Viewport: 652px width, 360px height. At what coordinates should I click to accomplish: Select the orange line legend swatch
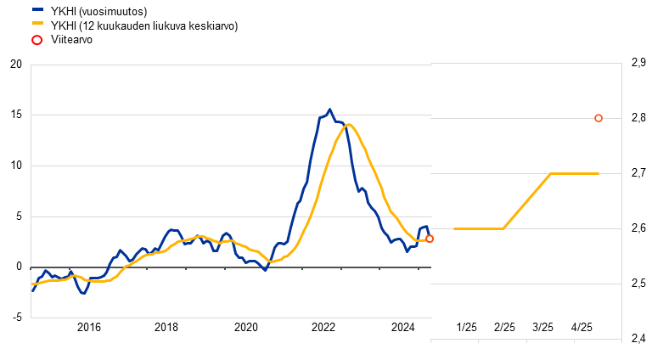pos(37,23)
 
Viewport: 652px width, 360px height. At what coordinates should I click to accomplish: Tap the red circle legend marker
pos(37,40)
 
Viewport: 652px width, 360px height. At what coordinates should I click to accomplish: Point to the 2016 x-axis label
pos(87,335)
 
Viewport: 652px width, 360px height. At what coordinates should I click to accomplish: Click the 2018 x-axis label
pos(168,335)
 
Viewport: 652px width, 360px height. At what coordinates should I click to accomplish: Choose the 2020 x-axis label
pos(243,335)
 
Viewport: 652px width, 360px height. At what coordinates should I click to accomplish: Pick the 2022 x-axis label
pos(320,335)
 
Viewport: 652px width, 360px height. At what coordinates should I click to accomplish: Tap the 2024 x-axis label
pos(396,335)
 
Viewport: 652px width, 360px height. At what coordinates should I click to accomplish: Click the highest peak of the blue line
pos(329,110)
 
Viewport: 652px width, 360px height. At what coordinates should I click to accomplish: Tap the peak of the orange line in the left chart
pos(348,125)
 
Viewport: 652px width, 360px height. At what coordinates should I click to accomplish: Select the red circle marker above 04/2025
pos(599,118)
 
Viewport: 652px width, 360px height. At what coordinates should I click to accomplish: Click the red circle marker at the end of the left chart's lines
pos(430,239)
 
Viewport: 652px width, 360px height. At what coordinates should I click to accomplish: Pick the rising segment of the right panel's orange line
pos(527,201)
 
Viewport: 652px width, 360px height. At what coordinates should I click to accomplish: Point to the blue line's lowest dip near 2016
pos(82,293)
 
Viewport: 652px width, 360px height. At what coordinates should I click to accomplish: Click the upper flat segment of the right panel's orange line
pos(575,173)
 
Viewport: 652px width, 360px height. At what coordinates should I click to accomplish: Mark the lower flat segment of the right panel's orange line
pos(479,228)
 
